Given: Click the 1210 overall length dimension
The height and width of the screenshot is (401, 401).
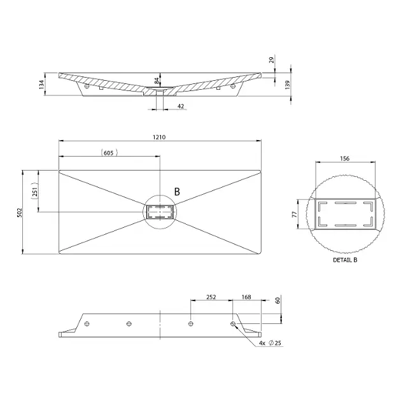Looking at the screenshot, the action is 159,137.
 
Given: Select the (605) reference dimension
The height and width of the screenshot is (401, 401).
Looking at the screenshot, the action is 109,153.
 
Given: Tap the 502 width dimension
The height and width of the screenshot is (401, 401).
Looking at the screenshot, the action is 20,212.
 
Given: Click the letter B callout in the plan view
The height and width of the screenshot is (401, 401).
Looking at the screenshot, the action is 177,192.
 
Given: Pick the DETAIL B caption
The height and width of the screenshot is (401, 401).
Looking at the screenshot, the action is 345,260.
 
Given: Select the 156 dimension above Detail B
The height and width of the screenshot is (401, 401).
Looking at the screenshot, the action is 344,158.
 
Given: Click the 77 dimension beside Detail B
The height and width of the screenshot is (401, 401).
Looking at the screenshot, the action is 295,214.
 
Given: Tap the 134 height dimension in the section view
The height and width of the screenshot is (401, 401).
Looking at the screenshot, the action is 41,85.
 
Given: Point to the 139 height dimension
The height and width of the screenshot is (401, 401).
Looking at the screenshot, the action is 288,85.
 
